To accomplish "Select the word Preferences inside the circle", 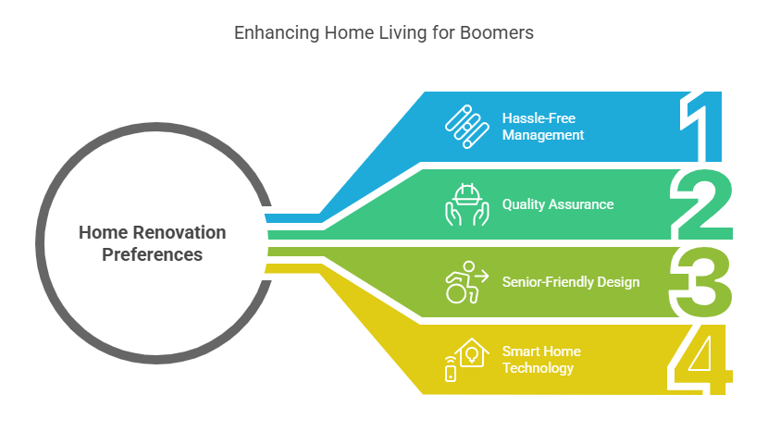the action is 152,254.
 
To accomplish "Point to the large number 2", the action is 701,204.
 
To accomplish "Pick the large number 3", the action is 700,282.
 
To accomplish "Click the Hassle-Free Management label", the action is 543,127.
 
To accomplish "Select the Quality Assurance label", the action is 558,204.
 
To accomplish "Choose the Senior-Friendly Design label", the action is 571,282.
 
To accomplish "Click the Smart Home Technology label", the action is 541,360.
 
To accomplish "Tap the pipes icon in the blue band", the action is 466,127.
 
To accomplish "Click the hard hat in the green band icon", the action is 467,195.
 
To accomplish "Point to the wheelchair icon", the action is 466,282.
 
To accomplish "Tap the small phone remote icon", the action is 451,371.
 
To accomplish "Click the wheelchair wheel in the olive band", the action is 456,292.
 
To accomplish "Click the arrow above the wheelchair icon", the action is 481,277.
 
